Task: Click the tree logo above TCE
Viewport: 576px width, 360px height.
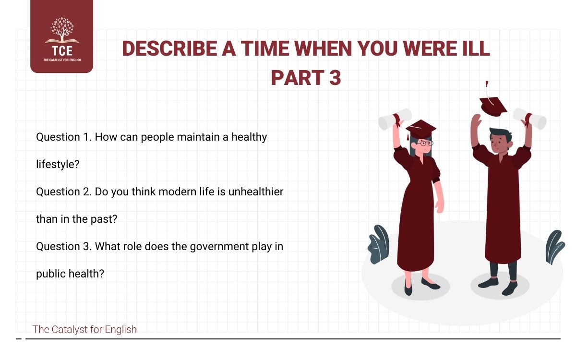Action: point(61,31)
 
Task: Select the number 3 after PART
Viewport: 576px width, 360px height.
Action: point(335,77)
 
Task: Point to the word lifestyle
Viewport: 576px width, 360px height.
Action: point(58,164)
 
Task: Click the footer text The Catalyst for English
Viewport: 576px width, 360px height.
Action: point(84,329)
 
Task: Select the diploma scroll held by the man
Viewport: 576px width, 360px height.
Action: point(529,118)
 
